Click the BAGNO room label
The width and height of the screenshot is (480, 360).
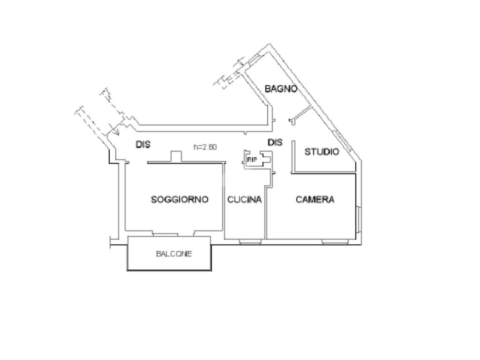(281, 88)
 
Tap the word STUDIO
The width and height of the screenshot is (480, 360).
(322, 152)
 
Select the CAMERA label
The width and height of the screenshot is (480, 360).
(315, 200)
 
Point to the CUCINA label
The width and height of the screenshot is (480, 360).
(244, 200)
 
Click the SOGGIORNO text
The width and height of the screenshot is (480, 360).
(180, 200)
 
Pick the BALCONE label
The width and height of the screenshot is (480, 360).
(174, 254)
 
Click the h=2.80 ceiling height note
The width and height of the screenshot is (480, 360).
(205, 147)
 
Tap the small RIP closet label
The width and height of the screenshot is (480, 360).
(252, 160)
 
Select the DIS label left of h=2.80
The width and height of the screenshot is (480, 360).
(143, 145)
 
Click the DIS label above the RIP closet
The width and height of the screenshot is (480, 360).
(275, 142)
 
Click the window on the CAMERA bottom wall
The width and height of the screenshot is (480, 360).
(336, 242)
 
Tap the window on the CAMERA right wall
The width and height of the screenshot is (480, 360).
(359, 219)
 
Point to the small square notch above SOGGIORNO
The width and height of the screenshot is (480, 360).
(176, 157)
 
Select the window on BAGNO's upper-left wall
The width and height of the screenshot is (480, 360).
(254, 60)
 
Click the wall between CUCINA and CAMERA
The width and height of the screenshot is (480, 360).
(266, 211)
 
